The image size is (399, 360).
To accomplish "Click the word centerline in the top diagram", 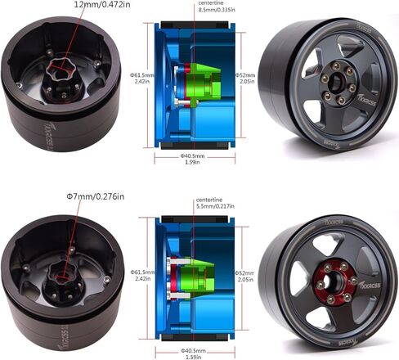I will click(212, 4).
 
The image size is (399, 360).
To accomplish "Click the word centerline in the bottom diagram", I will click(210, 200).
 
